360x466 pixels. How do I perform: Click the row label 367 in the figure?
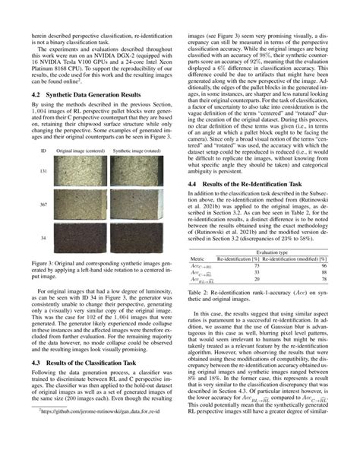44,226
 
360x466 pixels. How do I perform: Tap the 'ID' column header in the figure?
44,173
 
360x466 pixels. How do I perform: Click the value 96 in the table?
321,265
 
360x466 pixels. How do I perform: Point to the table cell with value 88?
321,272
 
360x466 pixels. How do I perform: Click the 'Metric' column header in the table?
198,258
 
